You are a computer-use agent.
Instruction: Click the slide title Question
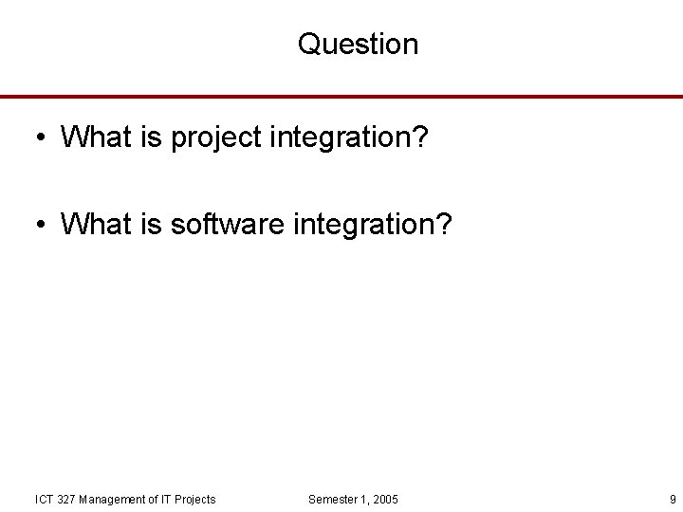[x=358, y=44]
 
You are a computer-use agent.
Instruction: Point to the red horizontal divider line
[x=341, y=97]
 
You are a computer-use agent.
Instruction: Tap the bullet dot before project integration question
[x=40, y=138]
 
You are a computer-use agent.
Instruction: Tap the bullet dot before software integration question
[x=40, y=226]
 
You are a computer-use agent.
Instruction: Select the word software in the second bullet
[x=228, y=225]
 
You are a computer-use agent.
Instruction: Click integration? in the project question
[x=349, y=138]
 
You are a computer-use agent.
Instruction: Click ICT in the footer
[x=44, y=500]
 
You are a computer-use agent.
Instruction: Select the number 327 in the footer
[x=67, y=500]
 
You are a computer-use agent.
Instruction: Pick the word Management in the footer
[x=113, y=500]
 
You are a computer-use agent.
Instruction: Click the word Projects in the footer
[x=194, y=500]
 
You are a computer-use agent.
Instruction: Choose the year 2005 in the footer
[x=385, y=500]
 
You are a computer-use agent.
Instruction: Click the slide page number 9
[x=672, y=500]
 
